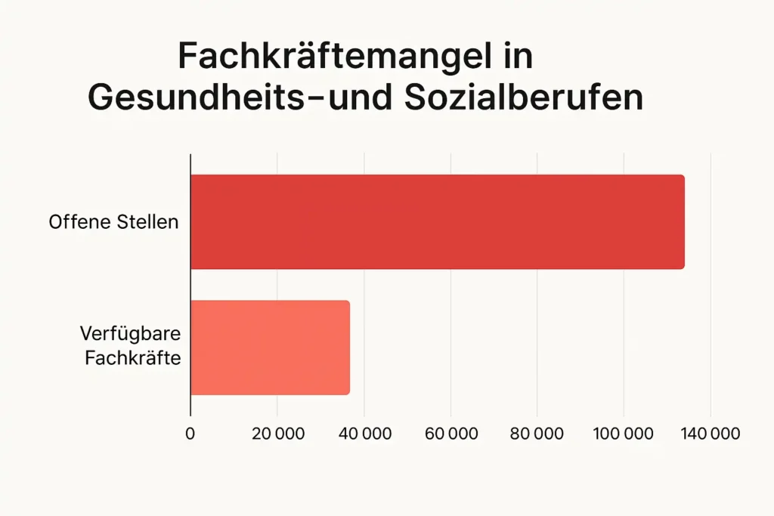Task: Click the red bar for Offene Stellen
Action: pyautogui.click(x=437, y=222)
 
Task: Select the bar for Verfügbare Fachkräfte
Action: pyautogui.click(x=270, y=348)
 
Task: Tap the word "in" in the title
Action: pyautogui.click(x=518, y=57)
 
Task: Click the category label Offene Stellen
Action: pyautogui.click(x=114, y=223)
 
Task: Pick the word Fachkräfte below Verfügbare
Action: pyautogui.click(x=133, y=357)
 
